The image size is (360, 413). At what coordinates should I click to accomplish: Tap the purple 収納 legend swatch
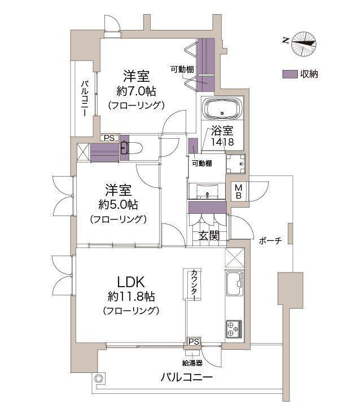tap(290, 74)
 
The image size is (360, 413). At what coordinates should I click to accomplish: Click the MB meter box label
tap(239, 192)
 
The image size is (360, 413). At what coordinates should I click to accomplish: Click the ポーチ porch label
tap(271, 240)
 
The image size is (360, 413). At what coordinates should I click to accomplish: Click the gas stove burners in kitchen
tap(234, 328)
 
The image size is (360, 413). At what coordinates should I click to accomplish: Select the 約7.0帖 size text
tap(137, 90)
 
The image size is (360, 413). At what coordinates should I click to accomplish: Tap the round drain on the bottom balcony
tap(99, 379)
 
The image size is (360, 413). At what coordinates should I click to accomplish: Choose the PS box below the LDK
tap(194, 341)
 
